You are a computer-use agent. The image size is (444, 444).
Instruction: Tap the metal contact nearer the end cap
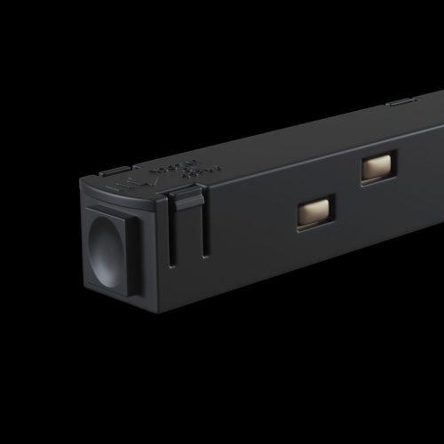click(314, 212)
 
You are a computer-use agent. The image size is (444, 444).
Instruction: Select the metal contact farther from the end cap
click(377, 168)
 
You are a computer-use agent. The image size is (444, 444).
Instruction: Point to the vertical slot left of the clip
click(173, 233)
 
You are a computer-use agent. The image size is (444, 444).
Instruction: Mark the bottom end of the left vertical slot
click(173, 264)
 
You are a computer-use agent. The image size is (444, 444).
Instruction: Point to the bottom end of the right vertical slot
click(206, 255)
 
